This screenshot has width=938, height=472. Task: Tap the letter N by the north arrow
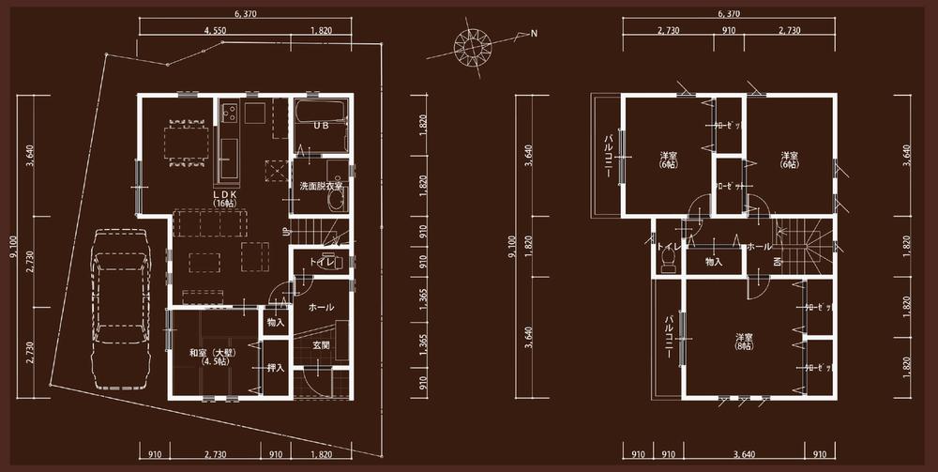pyautogui.click(x=534, y=34)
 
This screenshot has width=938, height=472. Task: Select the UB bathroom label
pyautogui.click(x=320, y=125)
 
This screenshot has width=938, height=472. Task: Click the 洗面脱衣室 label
pyautogui.click(x=321, y=187)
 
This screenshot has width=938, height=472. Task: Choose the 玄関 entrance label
pyautogui.click(x=321, y=345)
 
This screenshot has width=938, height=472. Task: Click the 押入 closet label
pyautogui.click(x=275, y=367)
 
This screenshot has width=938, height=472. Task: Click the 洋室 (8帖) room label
pyautogui.click(x=744, y=339)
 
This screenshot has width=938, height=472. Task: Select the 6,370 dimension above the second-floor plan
pyautogui.click(x=728, y=14)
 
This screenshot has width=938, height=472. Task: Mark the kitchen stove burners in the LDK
pyautogui.click(x=228, y=114)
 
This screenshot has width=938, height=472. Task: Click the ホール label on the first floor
pyautogui.click(x=321, y=307)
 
